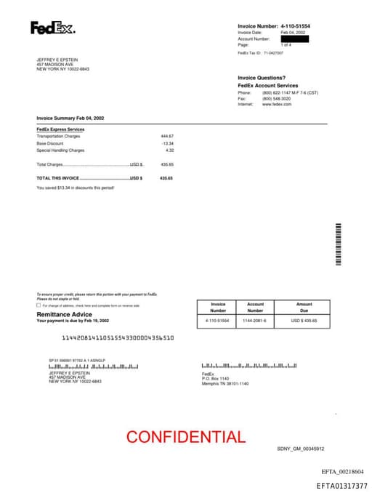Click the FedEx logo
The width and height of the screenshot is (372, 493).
click(x=52, y=28)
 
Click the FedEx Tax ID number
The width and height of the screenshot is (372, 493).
click(x=274, y=53)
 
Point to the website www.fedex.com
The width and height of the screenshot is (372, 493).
click(x=277, y=104)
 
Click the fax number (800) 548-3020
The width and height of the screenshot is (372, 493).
click(x=277, y=98)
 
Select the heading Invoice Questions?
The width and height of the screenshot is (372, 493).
click(x=261, y=78)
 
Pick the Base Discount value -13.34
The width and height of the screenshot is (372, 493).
click(x=167, y=143)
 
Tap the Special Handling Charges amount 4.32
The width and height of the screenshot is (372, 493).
click(x=169, y=150)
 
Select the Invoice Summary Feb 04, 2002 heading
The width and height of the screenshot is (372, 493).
click(x=70, y=118)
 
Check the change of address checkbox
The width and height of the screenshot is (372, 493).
click(x=39, y=305)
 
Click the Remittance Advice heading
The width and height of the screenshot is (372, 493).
click(x=64, y=314)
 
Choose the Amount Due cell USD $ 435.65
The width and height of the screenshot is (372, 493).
click(x=304, y=320)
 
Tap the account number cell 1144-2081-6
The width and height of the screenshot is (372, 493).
click(x=254, y=320)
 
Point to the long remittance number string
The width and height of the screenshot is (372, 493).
click(x=117, y=338)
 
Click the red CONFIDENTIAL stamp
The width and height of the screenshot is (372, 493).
click(x=185, y=437)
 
